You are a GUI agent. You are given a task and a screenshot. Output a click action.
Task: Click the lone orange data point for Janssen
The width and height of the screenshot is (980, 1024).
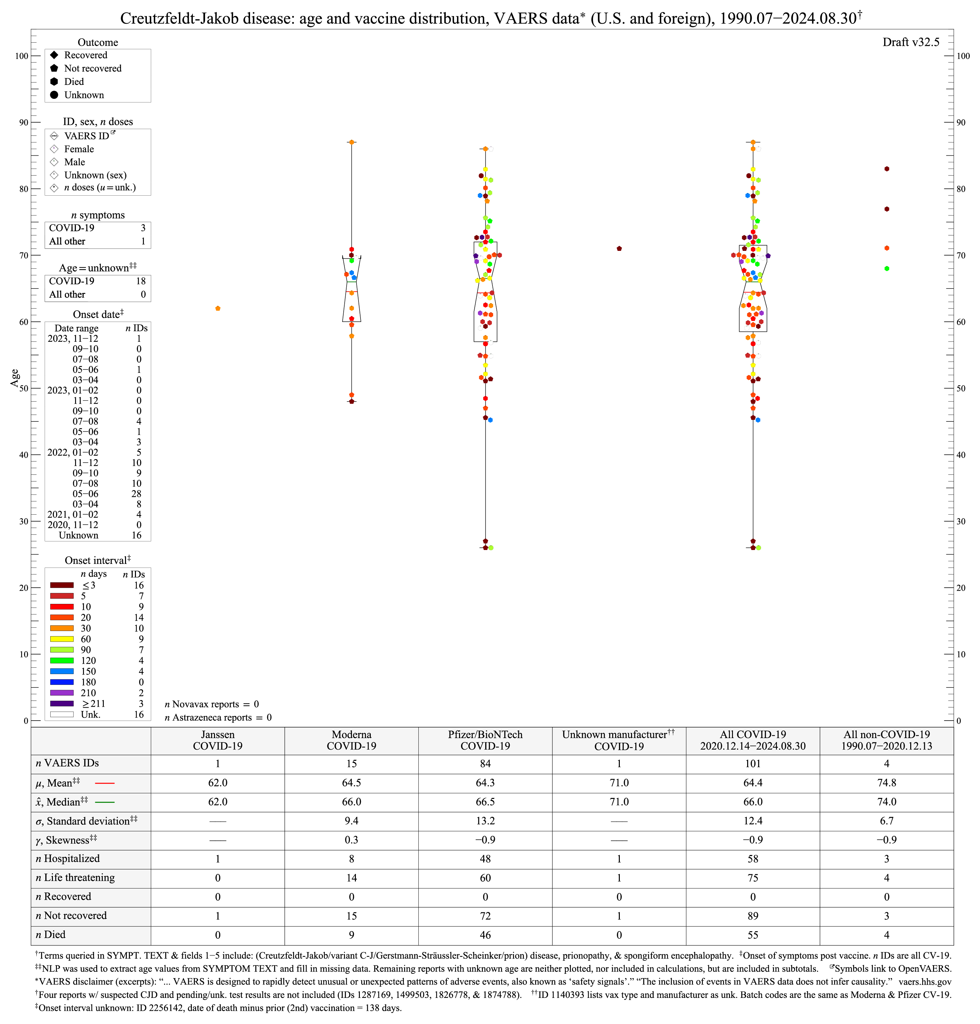click(218, 309)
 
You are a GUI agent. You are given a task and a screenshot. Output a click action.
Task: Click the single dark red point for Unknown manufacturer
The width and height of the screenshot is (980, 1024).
click(619, 249)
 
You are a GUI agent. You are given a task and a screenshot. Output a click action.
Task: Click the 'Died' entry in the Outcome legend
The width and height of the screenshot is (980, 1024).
click(74, 81)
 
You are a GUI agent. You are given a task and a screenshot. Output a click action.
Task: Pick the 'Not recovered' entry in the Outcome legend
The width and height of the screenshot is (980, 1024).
click(93, 68)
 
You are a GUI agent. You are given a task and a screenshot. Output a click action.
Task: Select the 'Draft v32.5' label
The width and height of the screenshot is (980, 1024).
click(911, 42)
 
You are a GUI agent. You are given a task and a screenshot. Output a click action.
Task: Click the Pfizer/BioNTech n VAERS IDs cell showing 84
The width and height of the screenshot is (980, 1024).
click(485, 764)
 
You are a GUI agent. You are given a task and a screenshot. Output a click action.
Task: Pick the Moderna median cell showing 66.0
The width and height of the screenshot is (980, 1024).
click(352, 802)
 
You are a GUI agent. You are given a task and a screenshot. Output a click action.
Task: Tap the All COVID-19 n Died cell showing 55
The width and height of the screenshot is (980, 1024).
click(753, 935)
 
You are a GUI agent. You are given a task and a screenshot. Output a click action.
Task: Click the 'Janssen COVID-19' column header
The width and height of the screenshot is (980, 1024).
click(218, 740)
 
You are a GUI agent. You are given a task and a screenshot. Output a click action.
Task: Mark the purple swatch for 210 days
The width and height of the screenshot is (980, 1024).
click(62, 693)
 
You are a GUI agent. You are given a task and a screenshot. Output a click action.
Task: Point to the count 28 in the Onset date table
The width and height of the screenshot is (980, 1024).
click(136, 494)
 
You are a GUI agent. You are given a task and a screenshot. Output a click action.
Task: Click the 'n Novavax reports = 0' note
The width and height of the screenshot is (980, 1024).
click(212, 704)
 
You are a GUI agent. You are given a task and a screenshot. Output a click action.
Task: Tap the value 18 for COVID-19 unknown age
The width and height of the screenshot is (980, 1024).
click(141, 281)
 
